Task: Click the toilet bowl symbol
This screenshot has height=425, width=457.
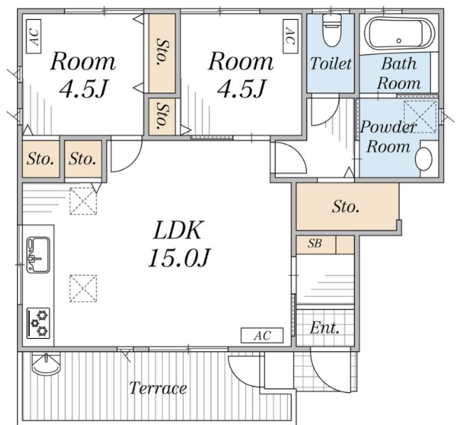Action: [332, 30]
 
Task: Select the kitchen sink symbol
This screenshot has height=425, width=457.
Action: [38, 255]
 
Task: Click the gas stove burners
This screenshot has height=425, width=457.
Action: [38, 323]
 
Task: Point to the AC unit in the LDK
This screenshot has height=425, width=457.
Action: [262, 335]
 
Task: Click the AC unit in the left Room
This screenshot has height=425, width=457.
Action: [33, 36]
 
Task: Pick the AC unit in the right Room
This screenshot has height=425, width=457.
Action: [291, 36]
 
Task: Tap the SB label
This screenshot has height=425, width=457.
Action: [315, 243]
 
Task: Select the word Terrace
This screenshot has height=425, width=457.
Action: [158, 388]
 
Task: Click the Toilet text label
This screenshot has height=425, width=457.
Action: [330, 63]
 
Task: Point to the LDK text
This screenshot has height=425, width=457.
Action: [177, 231]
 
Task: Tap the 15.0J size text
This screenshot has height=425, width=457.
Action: [178, 258]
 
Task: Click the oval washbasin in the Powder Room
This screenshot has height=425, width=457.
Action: [424, 159]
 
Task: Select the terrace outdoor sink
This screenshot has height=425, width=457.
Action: [46, 364]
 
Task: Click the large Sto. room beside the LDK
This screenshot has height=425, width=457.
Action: [347, 206]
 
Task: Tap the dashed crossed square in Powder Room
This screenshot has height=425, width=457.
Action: [420, 117]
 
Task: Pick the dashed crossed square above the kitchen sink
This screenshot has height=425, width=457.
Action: [83, 201]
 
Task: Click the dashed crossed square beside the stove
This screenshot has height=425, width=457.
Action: [83, 288]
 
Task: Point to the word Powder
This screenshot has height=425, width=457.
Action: [388, 127]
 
